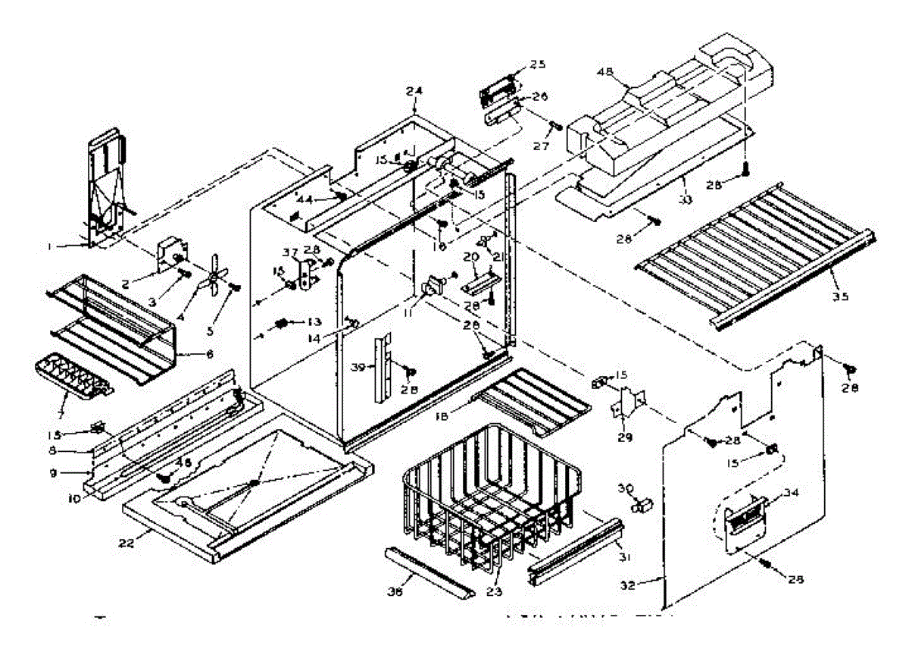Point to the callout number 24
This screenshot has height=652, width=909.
414,92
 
